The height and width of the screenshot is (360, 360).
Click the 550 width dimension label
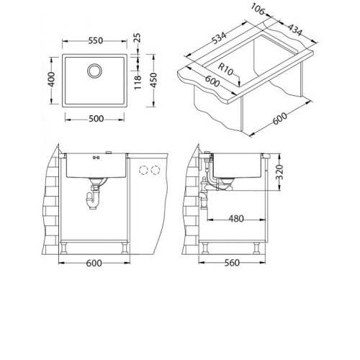tap(96, 40)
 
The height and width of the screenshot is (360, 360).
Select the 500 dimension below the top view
tap(96, 119)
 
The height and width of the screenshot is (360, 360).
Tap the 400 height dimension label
tap(51, 79)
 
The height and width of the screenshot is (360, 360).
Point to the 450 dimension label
tap(153, 80)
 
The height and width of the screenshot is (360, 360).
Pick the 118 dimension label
tap(138, 83)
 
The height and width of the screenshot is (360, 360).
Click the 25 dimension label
tap(137, 38)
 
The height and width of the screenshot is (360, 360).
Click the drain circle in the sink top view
tap(94, 71)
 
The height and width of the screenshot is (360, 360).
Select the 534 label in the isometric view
tap(219, 38)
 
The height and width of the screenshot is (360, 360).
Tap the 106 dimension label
tap(258, 9)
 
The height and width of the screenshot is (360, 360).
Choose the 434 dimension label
tap(294, 30)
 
